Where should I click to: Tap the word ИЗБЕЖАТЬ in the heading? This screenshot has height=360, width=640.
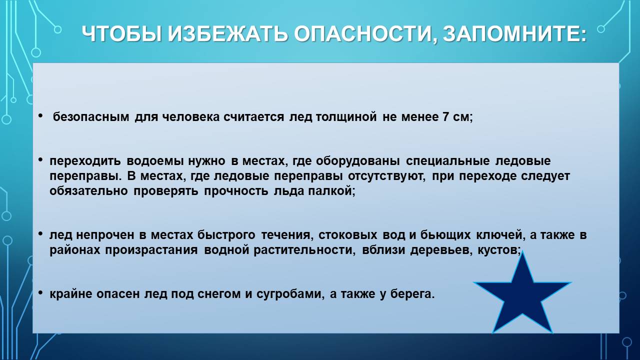[227, 34]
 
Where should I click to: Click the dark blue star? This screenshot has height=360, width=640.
[522, 297]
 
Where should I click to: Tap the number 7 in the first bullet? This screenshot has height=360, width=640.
[445, 117]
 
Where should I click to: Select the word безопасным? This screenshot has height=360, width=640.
[91, 117]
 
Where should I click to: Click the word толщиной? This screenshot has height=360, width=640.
[346, 117]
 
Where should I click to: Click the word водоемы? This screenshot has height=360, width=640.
[155, 161]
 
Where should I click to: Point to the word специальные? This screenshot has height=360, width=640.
[447, 161]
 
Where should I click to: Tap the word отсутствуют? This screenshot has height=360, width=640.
[386, 176]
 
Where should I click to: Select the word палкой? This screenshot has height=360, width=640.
[331, 191]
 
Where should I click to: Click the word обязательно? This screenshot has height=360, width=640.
[88, 191]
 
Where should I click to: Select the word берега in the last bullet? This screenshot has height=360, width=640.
[412, 294]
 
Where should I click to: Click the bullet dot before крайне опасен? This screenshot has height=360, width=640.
[40, 293]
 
